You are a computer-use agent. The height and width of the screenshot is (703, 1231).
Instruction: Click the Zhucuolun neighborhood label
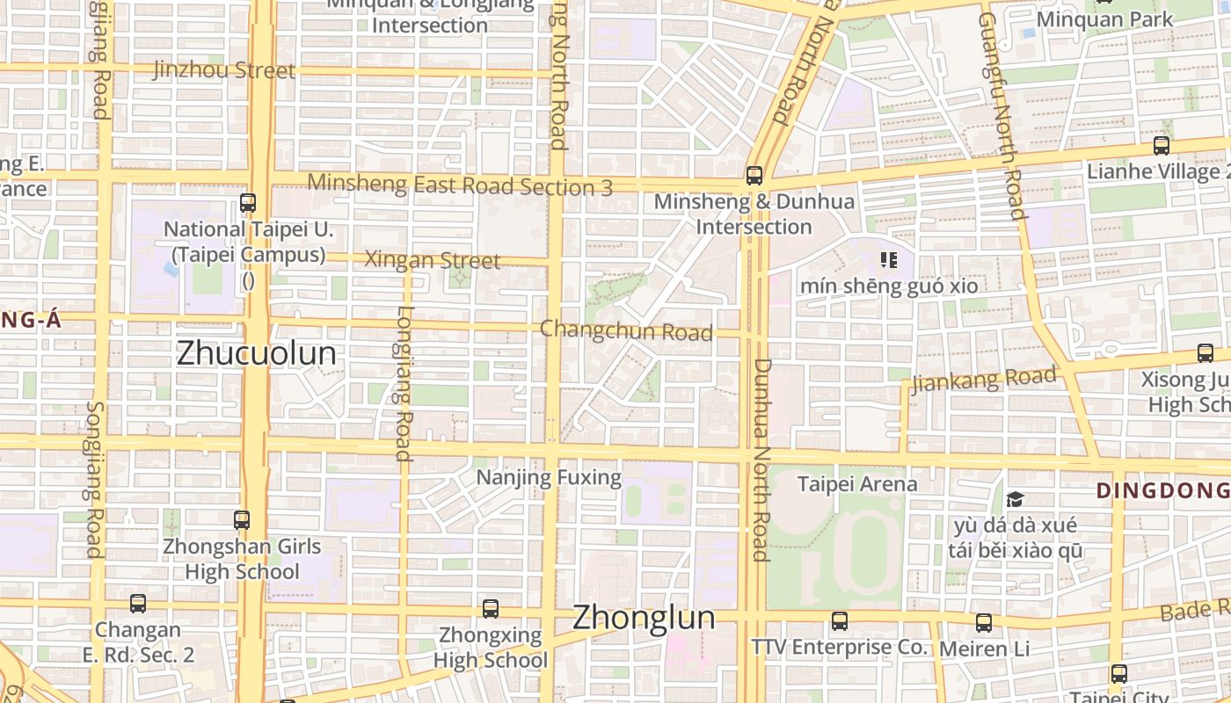tap(256, 353)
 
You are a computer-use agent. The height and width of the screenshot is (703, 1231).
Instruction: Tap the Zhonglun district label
tap(643, 618)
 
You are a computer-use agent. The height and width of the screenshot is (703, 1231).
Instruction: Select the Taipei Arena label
tap(856, 483)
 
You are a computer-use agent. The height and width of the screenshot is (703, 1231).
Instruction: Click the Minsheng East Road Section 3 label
tap(461, 185)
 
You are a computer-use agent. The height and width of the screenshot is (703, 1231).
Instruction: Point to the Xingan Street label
tap(432, 260)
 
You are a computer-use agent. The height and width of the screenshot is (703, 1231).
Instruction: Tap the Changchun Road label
tap(626, 331)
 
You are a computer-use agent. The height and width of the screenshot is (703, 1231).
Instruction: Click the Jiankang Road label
tap(983, 380)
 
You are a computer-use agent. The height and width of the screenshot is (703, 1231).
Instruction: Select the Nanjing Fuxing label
tap(549, 478)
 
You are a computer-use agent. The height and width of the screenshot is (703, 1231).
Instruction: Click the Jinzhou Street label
tap(224, 70)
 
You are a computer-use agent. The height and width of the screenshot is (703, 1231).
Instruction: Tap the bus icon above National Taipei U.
tap(248, 203)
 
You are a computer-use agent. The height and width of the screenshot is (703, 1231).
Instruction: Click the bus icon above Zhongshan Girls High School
tap(242, 519)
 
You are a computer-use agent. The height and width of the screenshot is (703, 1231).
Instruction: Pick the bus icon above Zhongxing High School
tap(491, 608)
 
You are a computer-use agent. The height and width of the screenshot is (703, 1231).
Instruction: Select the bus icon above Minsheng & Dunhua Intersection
tap(754, 175)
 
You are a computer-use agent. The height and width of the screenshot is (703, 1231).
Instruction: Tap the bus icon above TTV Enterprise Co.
tap(840, 621)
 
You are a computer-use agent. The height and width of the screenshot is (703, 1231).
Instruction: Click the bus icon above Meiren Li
tap(984, 622)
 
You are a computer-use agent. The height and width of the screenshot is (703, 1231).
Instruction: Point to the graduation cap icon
tap(1016, 500)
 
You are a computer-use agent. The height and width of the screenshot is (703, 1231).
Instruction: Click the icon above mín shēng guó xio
tap(888, 260)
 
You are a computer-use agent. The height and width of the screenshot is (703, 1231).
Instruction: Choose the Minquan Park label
tap(1104, 19)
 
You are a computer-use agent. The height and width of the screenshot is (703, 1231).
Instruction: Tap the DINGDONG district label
tap(1162, 490)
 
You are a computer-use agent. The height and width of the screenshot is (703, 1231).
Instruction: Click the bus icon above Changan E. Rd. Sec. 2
tap(138, 604)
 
